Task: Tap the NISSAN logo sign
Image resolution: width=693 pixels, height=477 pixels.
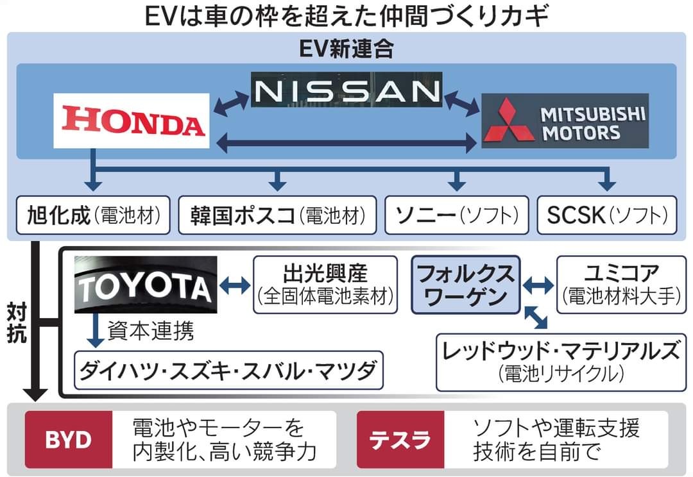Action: [x=346, y=91]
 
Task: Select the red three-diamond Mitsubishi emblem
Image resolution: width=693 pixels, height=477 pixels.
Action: [x=509, y=121]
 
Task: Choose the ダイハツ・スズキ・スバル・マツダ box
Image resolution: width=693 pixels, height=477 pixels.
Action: [x=228, y=370]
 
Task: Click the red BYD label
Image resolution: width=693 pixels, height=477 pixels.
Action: [x=68, y=440]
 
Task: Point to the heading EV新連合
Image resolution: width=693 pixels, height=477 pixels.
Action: [x=346, y=49]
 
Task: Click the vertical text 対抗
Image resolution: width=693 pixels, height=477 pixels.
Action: [x=17, y=324]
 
